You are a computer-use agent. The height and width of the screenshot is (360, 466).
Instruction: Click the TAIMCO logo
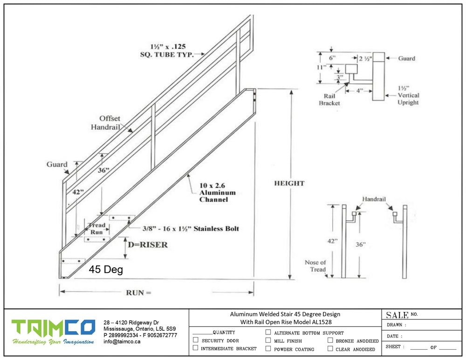coord(53,332)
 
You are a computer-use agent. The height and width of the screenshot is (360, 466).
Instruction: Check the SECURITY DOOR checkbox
coord(196,340)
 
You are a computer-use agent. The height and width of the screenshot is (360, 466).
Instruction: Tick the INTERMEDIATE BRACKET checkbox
coord(196,347)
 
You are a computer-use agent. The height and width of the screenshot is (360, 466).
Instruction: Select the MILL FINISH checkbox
coord(268,340)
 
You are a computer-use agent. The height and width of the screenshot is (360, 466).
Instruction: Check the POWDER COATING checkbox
coord(268,348)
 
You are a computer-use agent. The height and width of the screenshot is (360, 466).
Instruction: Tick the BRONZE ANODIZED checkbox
coord(330,340)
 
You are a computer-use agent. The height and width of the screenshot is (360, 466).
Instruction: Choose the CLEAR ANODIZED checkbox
coord(330,348)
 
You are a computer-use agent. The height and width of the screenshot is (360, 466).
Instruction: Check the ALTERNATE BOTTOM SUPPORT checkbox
coord(268,332)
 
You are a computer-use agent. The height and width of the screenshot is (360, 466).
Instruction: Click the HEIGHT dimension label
coord(289,183)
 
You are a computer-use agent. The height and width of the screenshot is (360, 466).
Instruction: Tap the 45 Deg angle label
coord(106,270)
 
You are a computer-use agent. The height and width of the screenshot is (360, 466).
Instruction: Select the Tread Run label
coord(96,228)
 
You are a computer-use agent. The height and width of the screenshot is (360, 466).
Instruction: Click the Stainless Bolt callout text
coord(191,228)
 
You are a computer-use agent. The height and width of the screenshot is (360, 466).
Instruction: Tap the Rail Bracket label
coord(329,100)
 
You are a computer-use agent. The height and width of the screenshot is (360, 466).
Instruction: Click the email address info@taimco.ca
coord(122,341)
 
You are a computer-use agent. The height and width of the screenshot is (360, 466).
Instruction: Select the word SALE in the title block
coord(397,315)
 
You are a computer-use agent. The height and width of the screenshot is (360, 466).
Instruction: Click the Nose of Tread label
coord(315,266)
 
